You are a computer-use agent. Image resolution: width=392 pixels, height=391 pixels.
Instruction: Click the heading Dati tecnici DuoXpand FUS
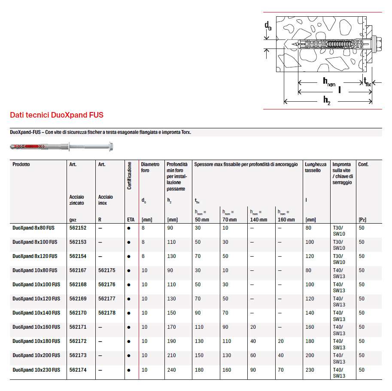pos(57,115)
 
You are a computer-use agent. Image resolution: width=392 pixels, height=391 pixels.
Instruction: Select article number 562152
pos(78,228)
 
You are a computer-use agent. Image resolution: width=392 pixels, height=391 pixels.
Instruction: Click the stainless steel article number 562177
pos(106,299)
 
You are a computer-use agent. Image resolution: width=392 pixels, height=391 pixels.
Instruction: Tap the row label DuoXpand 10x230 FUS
pos(36,370)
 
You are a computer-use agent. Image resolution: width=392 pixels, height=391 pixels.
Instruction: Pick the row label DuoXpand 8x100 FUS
pos(35,242)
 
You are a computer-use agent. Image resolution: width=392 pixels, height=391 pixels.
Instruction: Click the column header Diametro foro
pos(150,167)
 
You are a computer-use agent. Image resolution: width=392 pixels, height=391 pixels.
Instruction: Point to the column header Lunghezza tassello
pos(316,167)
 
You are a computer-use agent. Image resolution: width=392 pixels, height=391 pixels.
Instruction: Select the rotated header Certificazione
pos(129,176)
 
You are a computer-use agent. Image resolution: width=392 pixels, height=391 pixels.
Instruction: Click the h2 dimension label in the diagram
pos(327,100)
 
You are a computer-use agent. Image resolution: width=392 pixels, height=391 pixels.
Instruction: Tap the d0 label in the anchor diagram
pos(268,27)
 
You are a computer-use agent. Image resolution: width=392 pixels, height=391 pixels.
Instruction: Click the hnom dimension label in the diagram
pos(328,82)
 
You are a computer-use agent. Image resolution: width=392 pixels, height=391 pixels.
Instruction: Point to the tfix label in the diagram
pos(367,82)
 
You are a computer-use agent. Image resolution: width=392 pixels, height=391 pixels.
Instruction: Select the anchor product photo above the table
pos(61,147)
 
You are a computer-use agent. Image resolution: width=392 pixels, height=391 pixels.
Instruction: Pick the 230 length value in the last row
pos(310,370)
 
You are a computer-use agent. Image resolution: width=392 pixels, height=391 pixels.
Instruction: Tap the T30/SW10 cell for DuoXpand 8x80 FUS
pos(339,231)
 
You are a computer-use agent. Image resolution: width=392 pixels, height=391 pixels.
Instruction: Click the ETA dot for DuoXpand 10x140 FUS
pos(129,313)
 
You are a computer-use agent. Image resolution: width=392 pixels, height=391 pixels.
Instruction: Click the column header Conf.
pos(363,164)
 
